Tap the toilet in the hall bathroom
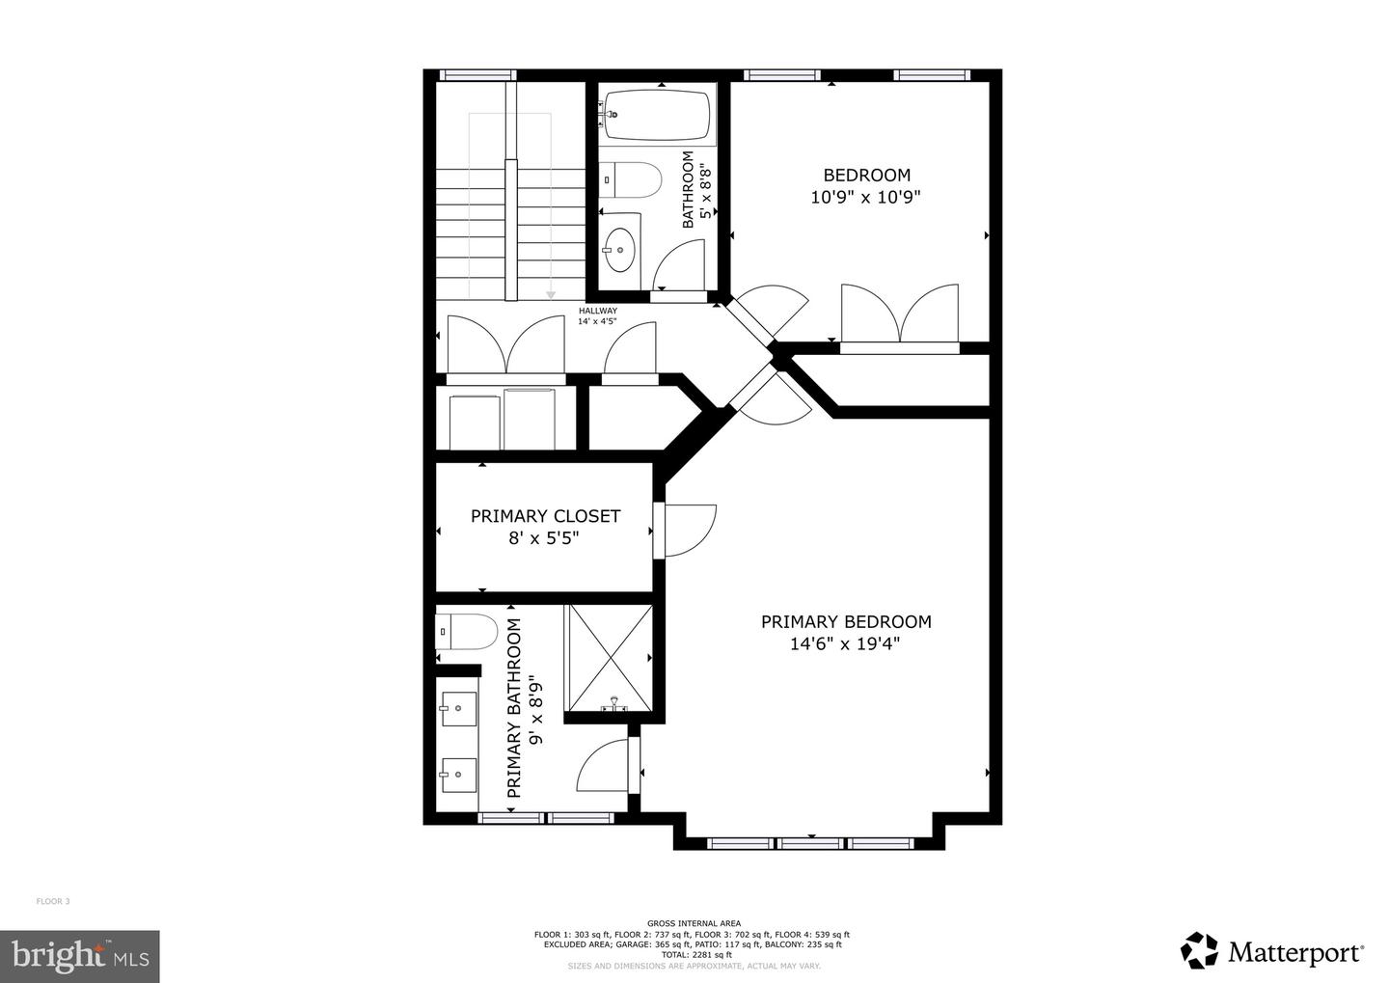click(633, 179)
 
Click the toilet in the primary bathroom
click(467, 632)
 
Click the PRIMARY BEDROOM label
click(846, 622)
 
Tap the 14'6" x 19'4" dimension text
click(846, 644)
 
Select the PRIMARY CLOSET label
click(545, 516)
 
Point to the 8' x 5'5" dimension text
click(545, 538)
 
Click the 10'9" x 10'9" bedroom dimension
click(866, 197)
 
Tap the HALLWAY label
click(597, 311)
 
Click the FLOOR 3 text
click(53, 901)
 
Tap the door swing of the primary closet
click(687, 530)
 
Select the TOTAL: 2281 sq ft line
click(691, 954)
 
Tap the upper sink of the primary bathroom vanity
click(458, 708)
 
